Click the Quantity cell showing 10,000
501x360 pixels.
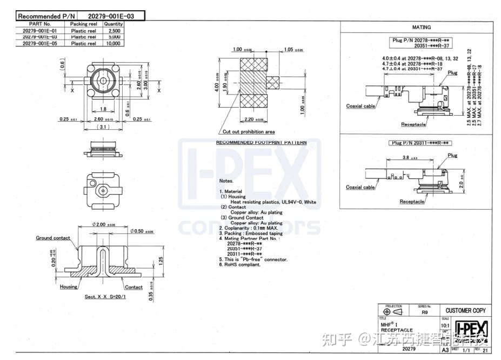point(113,44)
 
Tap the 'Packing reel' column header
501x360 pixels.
point(83,24)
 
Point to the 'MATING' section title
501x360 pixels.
point(421,27)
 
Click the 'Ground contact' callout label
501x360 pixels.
point(53,238)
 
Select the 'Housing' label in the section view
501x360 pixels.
point(69,287)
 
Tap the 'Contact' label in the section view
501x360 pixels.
point(133,287)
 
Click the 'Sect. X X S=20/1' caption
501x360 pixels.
point(105,297)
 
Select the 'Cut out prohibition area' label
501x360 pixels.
point(249,131)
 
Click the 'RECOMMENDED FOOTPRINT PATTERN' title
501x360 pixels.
point(261,143)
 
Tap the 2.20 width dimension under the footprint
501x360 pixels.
point(252,119)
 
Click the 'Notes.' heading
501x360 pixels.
point(226,181)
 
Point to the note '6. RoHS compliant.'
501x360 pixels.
point(239,264)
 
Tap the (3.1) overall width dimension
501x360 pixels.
point(104,127)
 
